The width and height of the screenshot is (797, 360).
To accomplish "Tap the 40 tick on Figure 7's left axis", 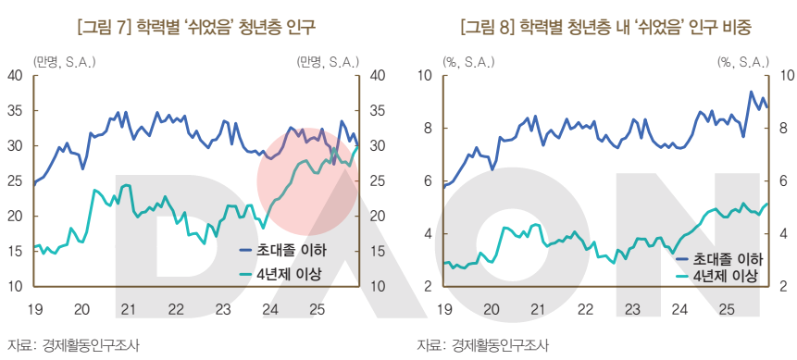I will click(x=16, y=76).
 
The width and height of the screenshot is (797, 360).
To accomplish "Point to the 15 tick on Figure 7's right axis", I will click(x=378, y=252).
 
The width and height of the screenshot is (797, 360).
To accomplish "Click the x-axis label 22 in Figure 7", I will click(x=175, y=308).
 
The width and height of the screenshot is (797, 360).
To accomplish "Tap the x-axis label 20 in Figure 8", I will click(x=492, y=308).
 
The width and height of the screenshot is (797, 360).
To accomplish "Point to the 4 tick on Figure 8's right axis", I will click(x=784, y=234).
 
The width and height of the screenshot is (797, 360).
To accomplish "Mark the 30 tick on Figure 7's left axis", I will click(x=16, y=146).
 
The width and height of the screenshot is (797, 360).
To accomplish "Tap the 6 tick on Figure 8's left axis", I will click(x=429, y=181).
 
